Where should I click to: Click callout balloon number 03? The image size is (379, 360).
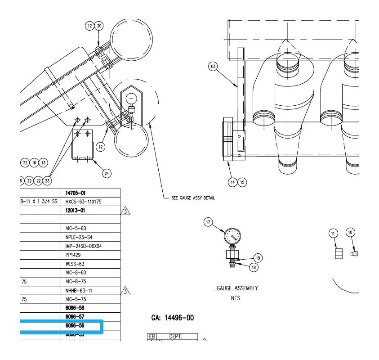pyautogui.click(x=213, y=67)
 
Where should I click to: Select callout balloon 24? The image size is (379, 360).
pyautogui.click(x=107, y=173)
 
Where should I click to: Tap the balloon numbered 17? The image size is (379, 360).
pyautogui.click(x=208, y=222)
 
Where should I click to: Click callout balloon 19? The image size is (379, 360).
pyautogui.click(x=258, y=258)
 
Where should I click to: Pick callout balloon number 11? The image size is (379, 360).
pyautogui.click(x=333, y=233)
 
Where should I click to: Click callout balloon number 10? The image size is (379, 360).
pyautogui.click(x=350, y=232)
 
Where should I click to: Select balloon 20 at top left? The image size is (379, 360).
pyautogui.click(x=99, y=26)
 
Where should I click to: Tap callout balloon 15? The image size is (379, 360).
pyautogui.click(x=242, y=182)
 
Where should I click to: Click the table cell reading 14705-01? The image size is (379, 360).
pyautogui.click(x=76, y=193)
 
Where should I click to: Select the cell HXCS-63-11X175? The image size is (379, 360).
pyautogui.click(x=83, y=202)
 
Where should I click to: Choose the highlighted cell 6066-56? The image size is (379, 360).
pyautogui.click(x=75, y=325)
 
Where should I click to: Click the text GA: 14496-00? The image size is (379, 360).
pyautogui.click(x=173, y=318)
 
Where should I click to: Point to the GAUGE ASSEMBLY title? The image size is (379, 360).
pyautogui.click(x=237, y=288)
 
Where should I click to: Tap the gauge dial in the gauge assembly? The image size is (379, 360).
pyautogui.click(x=232, y=235)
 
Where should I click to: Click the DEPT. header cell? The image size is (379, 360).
pyautogui.click(x=175, y=336)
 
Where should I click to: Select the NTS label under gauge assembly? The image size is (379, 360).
pyautogui.click(x=236, y=298)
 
